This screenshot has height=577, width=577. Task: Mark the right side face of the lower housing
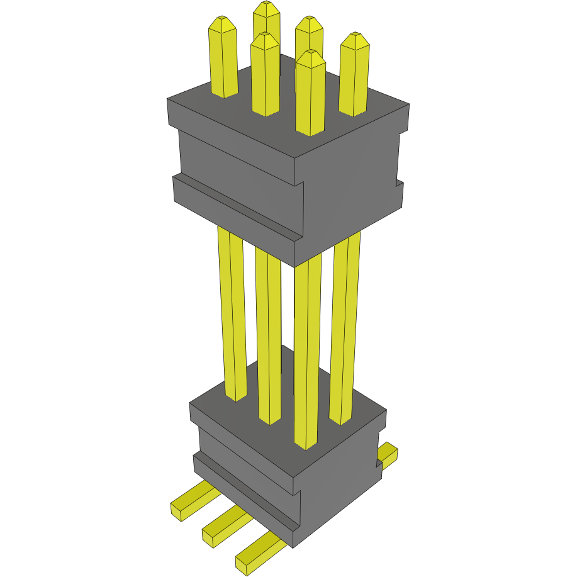click(340, 485)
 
